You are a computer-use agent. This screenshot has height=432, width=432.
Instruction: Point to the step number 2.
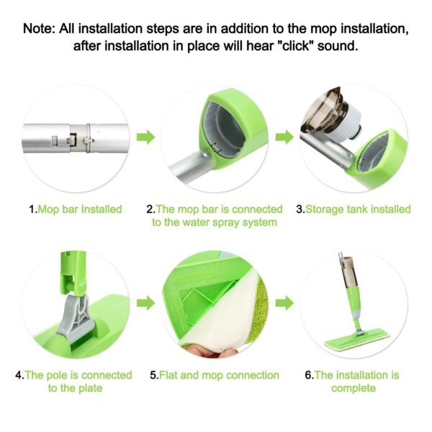(x=150, y=209)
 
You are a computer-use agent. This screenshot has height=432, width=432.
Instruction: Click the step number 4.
(x=19, y=375)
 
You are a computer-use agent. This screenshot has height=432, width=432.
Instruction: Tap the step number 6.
(x=307, y=375)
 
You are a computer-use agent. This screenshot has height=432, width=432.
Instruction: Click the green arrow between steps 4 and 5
(x=146, y=302)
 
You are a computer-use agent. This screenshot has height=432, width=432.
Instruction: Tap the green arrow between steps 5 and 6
(x=285, y=302)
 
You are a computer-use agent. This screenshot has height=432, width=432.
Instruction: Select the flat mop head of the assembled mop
(x=357, y=340)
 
